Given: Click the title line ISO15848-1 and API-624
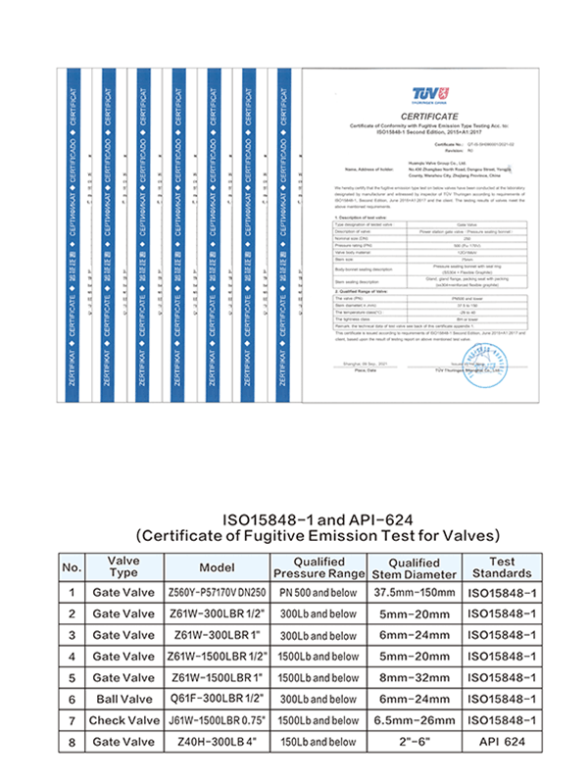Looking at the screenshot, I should coord(317,518).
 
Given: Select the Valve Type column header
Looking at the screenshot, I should coord(122,565).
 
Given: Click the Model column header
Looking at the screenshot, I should coord(217,566).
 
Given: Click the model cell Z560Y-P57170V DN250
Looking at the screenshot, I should coord(217,591).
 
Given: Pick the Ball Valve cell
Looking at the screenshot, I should coord(122,699).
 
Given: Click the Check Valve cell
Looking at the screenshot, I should coord(122,720).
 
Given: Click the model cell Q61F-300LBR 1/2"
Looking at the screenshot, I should coord(217,699).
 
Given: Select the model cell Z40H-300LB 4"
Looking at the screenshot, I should coord(217,742).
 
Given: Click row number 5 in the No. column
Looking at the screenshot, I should coord(72,677).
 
